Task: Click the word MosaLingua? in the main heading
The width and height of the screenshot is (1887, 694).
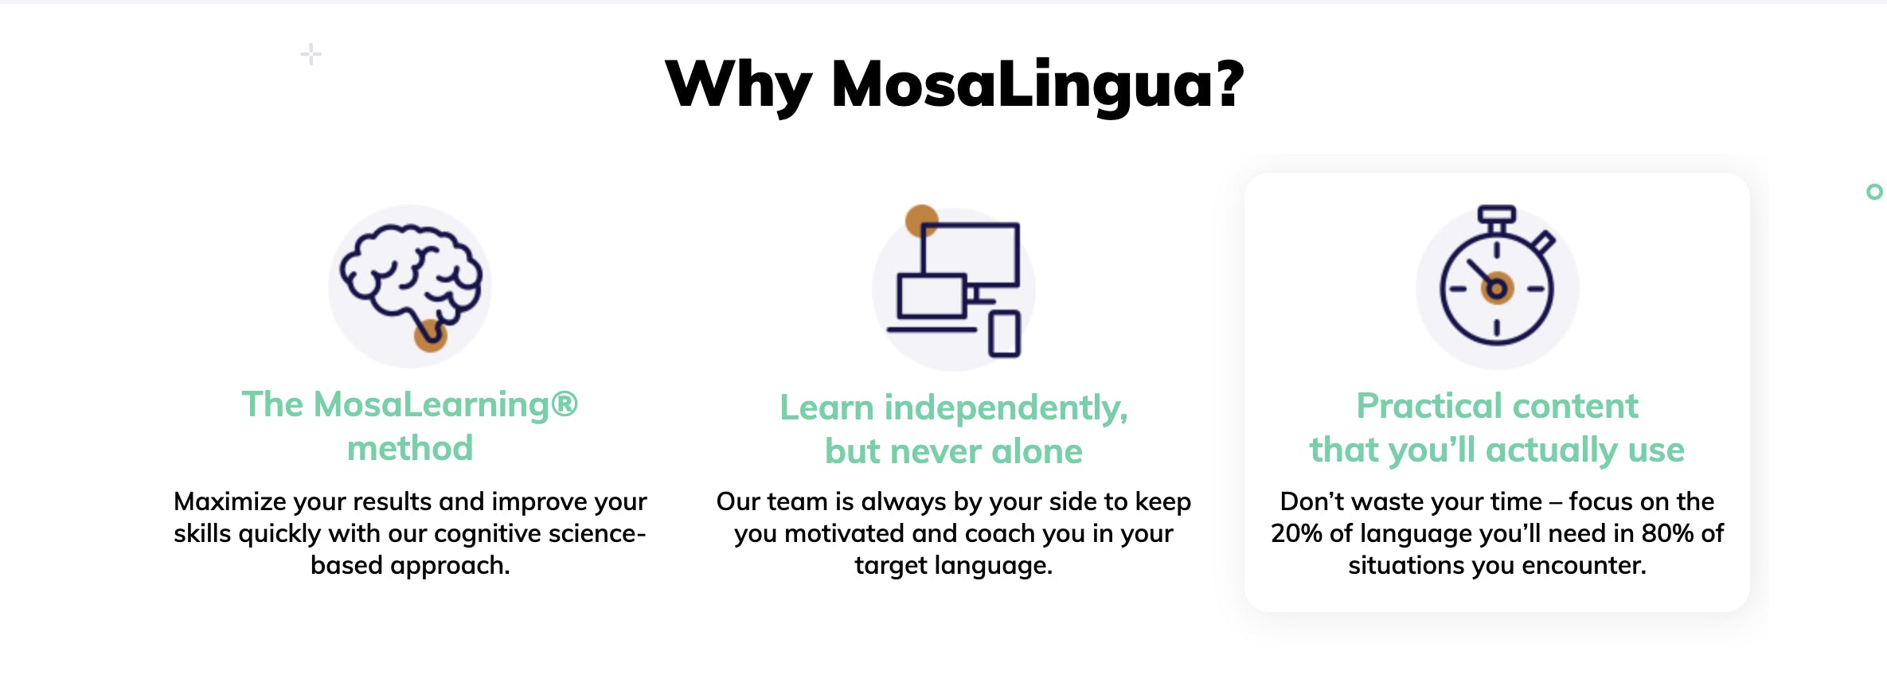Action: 1037,86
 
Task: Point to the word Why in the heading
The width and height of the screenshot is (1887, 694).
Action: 738,86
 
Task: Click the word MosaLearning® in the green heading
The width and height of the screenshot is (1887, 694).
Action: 446,404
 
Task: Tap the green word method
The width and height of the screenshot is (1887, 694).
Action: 410,448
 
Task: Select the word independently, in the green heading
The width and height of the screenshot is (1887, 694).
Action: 1006,408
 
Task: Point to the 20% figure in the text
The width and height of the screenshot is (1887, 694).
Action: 1296,533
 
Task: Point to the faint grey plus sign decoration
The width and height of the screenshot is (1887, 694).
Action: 311,54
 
